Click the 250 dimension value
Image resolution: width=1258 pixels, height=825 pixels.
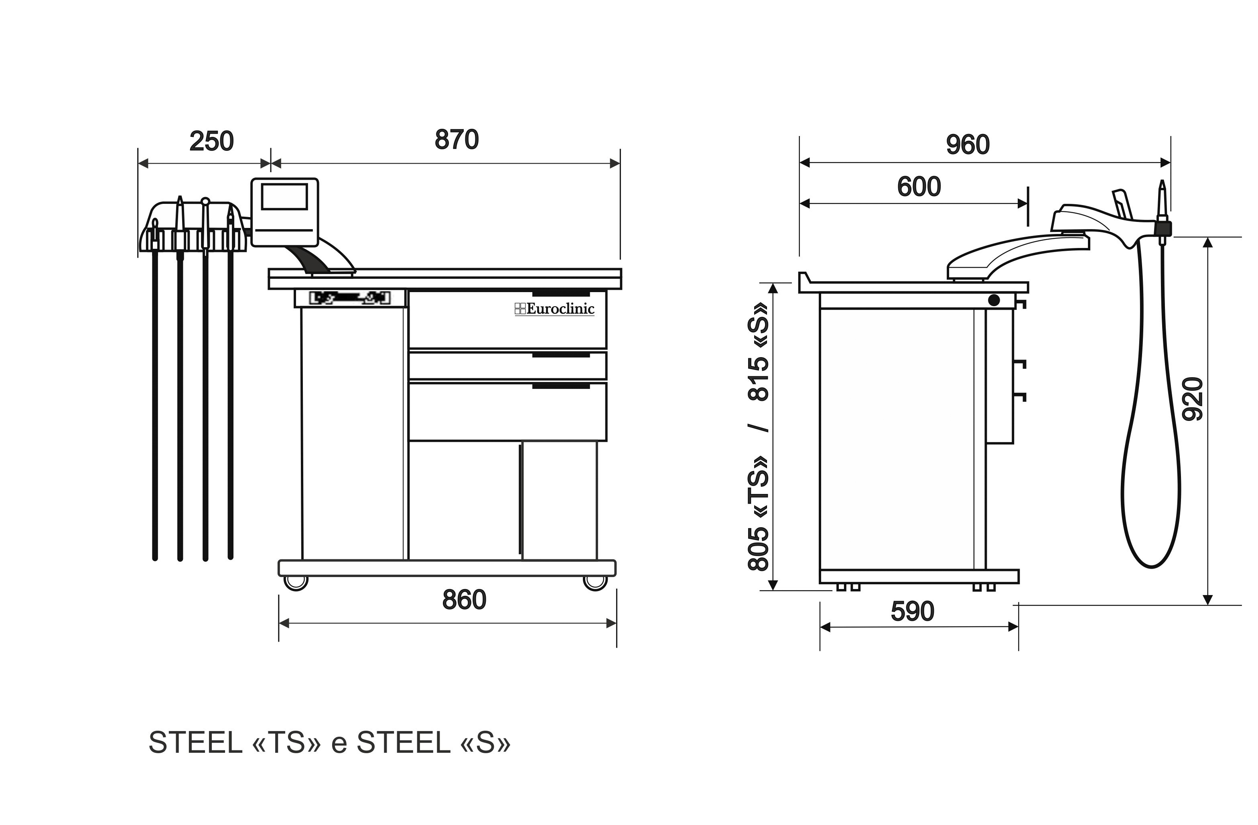[211, 142]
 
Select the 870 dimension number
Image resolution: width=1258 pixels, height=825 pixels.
[457, 140]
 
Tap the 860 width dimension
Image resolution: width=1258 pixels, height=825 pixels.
[464, 600]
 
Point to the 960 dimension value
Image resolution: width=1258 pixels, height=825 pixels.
[968, 145]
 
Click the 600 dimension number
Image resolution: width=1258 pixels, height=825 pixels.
[919, 187]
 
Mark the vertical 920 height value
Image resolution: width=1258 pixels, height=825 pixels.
[1193, 399]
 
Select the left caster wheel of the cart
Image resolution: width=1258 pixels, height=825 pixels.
[296, 582]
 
